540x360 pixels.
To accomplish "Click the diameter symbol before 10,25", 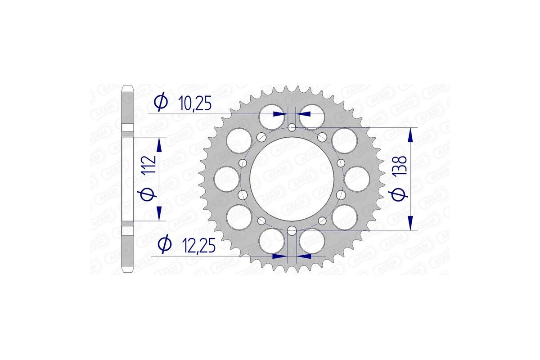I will pos(160,103).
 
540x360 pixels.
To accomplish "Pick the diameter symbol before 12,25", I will pos(165,245).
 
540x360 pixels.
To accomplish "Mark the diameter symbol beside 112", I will pos(150,194).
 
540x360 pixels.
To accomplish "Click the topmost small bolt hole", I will pos(292,128).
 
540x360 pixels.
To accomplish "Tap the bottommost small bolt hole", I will pos(292,231).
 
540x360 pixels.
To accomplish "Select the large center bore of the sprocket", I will pos(292,179).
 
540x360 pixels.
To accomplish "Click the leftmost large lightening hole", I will pos(226,179).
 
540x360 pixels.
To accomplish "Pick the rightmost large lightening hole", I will pos(358,179).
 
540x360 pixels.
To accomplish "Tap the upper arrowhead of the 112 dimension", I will pos(158,145).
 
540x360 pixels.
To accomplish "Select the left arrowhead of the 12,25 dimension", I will pos(280,256).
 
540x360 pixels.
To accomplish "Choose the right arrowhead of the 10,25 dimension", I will pos(303,114).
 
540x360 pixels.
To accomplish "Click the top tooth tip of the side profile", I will pos(128,86).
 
